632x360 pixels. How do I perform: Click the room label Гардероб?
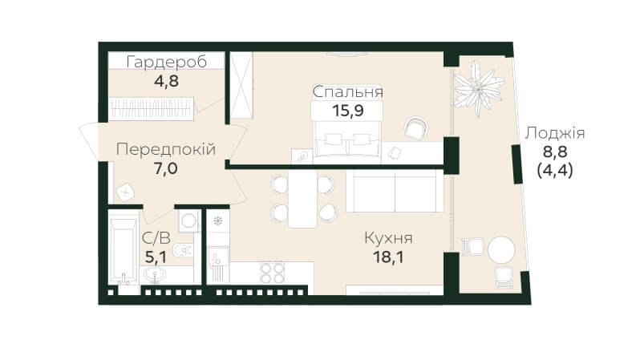[167, 62]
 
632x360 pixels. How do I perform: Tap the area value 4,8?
[166, 81]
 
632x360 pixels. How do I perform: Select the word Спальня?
[348, 92]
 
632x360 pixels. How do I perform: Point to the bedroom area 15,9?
[348, 110]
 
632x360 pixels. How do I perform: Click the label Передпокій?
[166, 150]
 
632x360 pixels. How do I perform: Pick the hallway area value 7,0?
[166, 168]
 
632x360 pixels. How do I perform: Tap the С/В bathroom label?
[156, 239]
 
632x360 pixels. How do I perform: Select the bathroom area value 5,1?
[156, 257]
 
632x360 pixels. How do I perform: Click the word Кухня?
[388, 238]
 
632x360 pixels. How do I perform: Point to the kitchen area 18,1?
[388, 257]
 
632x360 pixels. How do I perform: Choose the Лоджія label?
[555, 133]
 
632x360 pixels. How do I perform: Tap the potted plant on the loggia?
[479, 89]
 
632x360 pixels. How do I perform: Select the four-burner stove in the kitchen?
[272, 273]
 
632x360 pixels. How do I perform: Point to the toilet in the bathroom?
[184, 250]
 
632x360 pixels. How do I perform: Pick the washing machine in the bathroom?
[188, 221]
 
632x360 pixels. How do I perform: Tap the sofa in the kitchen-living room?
[395, 191]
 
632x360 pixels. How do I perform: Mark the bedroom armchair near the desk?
[416, 128]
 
